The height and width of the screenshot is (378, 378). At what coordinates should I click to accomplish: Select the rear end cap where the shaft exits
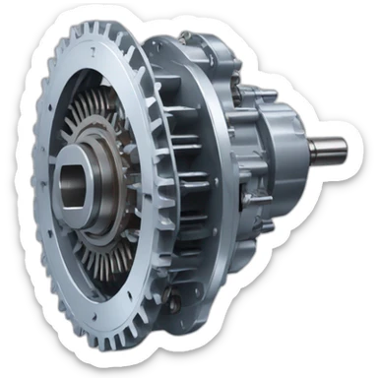pos(295,148)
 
